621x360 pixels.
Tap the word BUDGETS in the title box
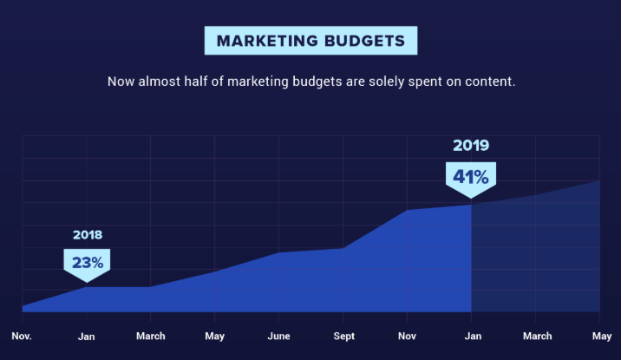click(365, 41)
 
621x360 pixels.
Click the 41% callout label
click(470, 177)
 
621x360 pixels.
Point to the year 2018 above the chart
click(88, 235)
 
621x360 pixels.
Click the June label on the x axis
click(278, 336)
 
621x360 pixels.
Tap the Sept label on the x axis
click(343, 336)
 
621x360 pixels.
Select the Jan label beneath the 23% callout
click(87, 336)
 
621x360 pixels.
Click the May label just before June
click(214, 336)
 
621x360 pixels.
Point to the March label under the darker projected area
click(536, 336)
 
